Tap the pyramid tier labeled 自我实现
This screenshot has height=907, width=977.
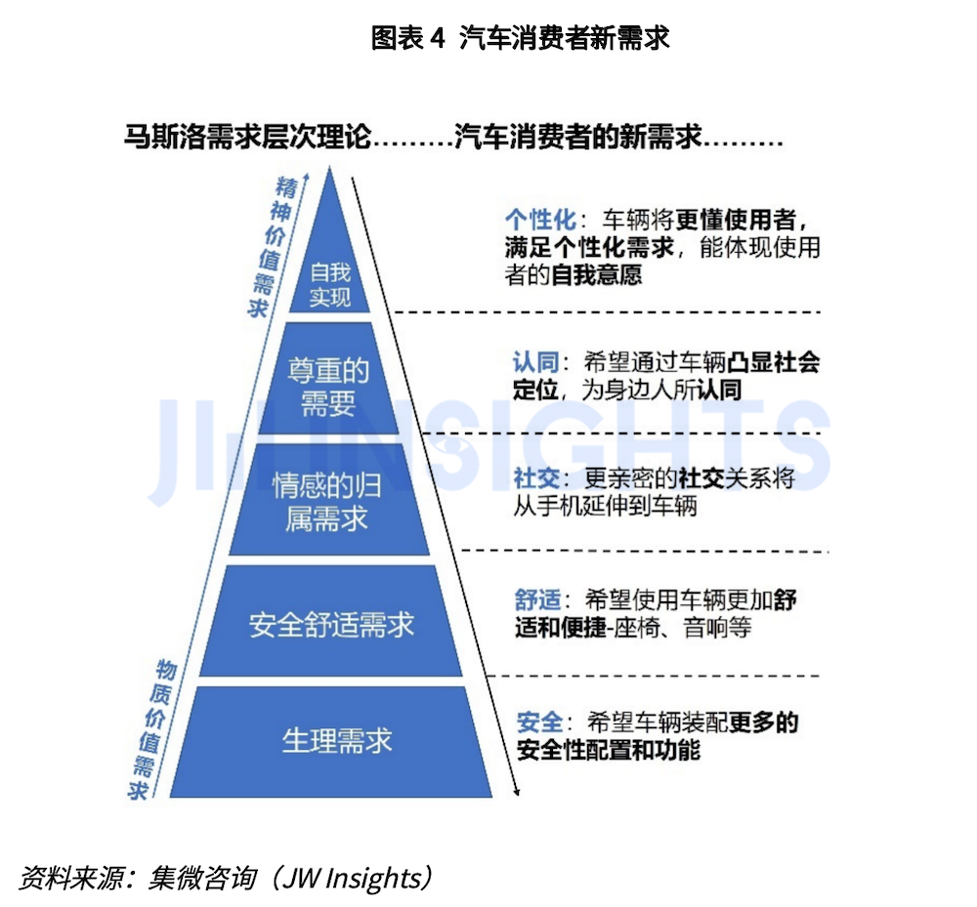point(329,283)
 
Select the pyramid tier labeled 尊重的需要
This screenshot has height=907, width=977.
point(328,387)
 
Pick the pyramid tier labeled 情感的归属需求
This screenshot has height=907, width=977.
point(327,503)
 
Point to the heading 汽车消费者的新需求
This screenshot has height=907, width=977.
point(579,138)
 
